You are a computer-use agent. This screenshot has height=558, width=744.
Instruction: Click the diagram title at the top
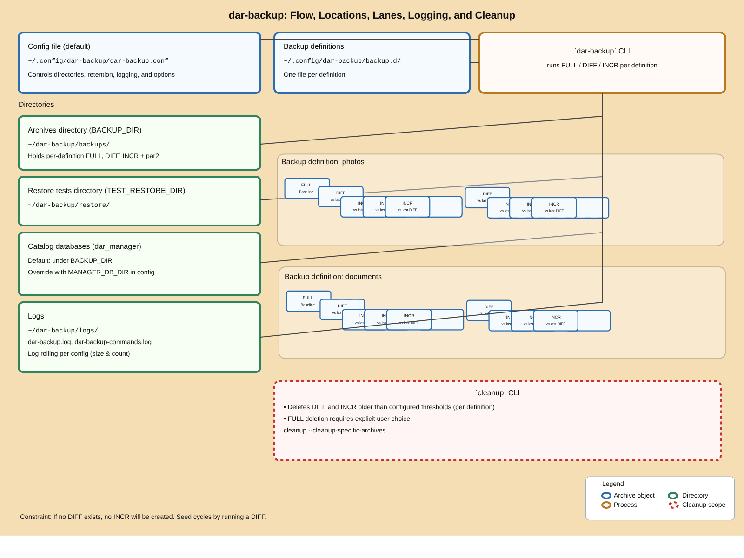(x=372, y=15)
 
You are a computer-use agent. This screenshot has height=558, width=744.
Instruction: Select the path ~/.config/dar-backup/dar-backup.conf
(x=98, y=61)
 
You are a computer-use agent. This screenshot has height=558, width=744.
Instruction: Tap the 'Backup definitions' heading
(x=313, y=46)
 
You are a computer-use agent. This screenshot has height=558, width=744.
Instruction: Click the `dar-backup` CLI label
(x=602, y=51)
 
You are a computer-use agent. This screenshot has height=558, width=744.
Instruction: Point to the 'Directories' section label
(x=36, y=105)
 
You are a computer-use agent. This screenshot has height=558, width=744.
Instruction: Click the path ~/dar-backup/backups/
(x=69, y=145)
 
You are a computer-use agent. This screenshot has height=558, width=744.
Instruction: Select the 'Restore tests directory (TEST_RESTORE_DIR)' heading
(x=106, y=191)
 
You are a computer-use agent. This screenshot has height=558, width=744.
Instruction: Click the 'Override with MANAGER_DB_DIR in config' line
(x=91, y=272)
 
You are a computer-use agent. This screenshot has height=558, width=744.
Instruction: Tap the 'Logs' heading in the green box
(x=36, y=316)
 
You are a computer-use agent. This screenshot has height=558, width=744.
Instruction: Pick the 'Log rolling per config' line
(x=79, y=354)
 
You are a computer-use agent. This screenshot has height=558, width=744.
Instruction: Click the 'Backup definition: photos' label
(x=323, y=162)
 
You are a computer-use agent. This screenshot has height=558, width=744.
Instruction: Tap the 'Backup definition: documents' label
(x=333, y=277)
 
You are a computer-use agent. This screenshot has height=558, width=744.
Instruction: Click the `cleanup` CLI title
(x=497, y=393)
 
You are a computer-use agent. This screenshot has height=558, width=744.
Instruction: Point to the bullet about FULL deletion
(x=347, y=419)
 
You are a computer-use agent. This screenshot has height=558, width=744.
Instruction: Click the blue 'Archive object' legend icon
(x=606, y=496)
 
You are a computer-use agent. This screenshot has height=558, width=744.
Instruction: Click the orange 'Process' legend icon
(x=606, y=505)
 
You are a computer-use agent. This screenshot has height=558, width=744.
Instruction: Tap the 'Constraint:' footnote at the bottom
(x=143, y=517)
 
